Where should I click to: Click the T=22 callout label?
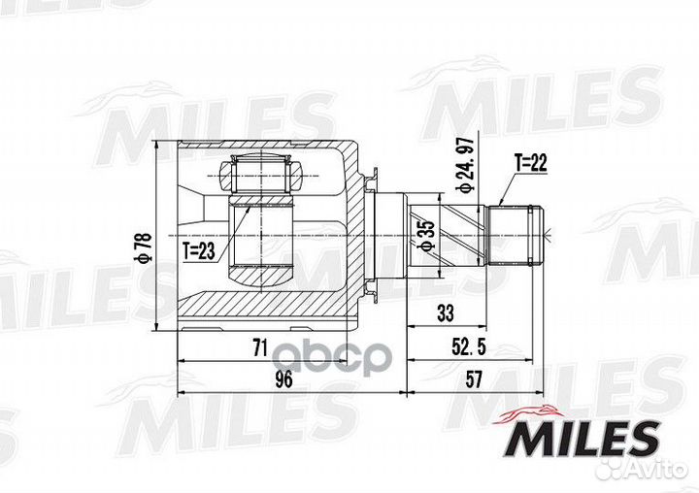[x=530, y=163]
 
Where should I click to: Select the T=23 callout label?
[x=199, y=252]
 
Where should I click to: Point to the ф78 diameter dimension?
[x=147, y=247]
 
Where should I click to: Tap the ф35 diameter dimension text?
[x=426, y=236]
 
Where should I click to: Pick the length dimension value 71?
[x=260, y=347]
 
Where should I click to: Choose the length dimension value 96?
[x=283, y=378]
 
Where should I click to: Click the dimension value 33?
[x=446, y=312]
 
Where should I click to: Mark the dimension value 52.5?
[x=468, y=347]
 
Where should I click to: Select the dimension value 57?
[x=474, y=379]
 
